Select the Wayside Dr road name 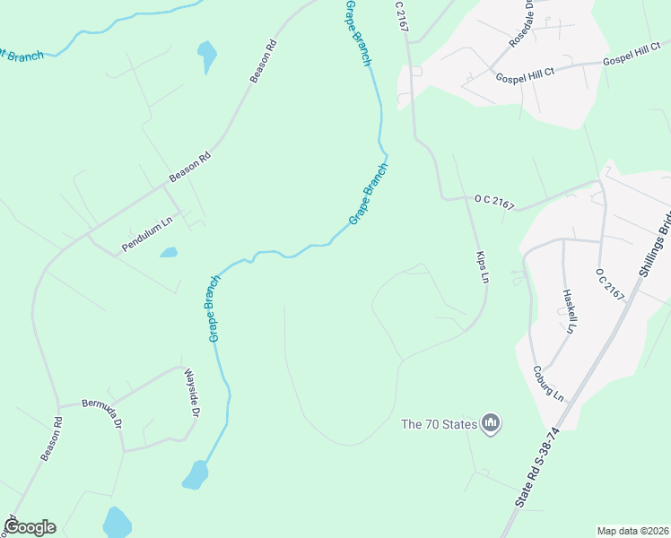click(191, 394)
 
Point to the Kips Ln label click(482, 267)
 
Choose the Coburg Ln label click(547, 383)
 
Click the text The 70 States click(438, 423)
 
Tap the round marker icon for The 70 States click(490, 422)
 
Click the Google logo click(30, 527)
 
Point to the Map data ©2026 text click(632, 530)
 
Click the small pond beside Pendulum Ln click(169, 253)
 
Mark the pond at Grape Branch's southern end click(195, 475)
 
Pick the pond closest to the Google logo click(118, 522)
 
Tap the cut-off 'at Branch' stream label click(22, 56)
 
